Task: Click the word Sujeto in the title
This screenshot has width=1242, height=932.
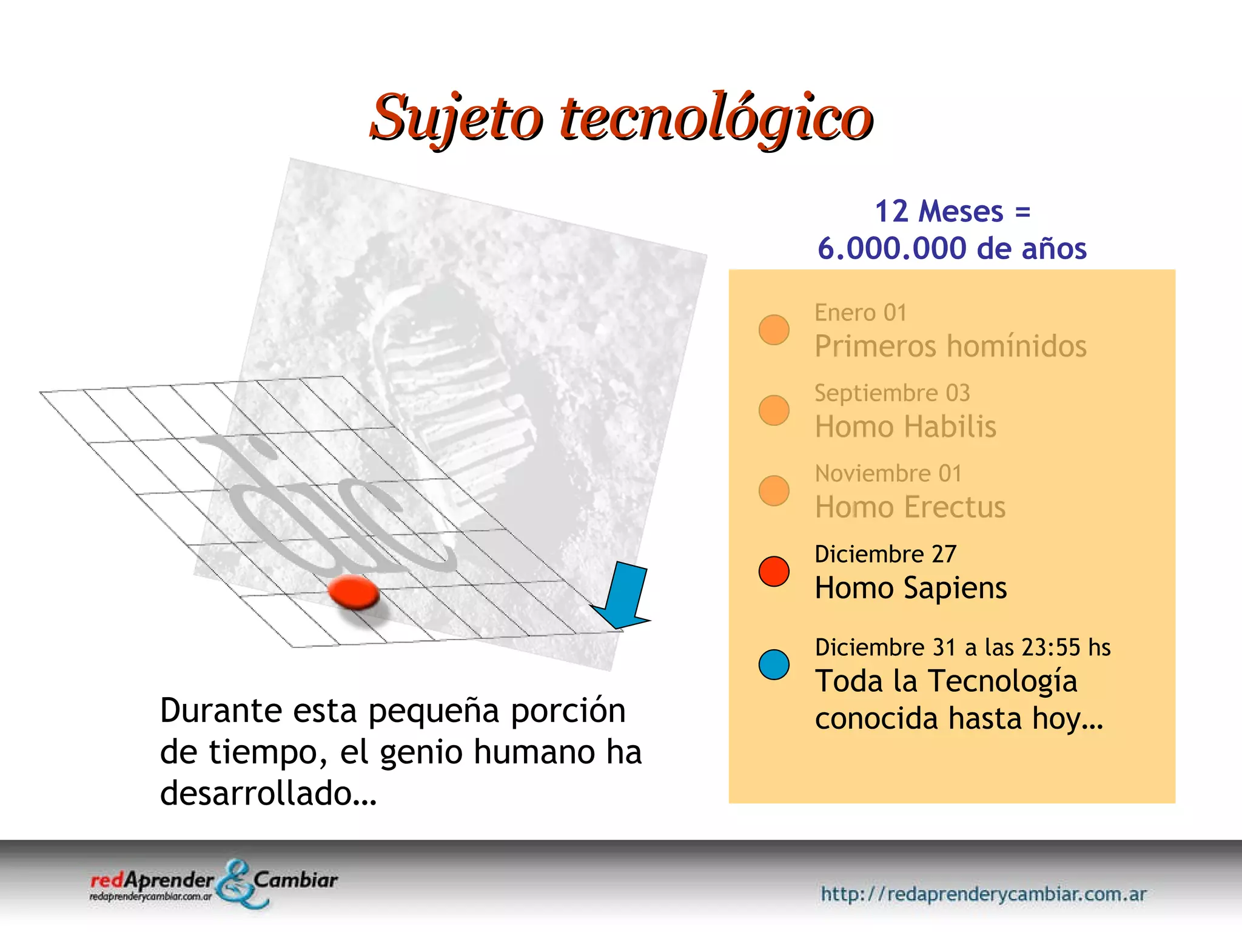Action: (x=456, y=117)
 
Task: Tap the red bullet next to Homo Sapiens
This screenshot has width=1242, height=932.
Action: (x=774, y=571)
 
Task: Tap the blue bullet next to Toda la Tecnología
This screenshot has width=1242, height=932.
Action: (x=774, y=664)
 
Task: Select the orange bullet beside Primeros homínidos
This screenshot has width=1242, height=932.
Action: (x=774, y=329)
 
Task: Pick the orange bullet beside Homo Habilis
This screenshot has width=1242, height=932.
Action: (x=774, y=410)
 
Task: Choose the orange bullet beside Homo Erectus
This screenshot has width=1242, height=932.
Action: (x=774, y=490)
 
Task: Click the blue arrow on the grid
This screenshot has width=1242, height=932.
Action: (x=625, y=595)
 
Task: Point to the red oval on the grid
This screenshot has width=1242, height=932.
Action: (x=354, y=592)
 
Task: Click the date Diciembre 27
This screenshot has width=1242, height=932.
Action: (x=885, y=554)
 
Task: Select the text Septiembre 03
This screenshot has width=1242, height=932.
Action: (x=891, y=393)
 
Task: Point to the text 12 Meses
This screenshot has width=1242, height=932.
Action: (x=939, y=212)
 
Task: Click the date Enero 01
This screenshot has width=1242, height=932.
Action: (x=860, y=313)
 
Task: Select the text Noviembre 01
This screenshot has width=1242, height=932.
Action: (x=888, y=473)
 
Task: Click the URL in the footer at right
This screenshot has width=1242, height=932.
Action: (x=983, y=894)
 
